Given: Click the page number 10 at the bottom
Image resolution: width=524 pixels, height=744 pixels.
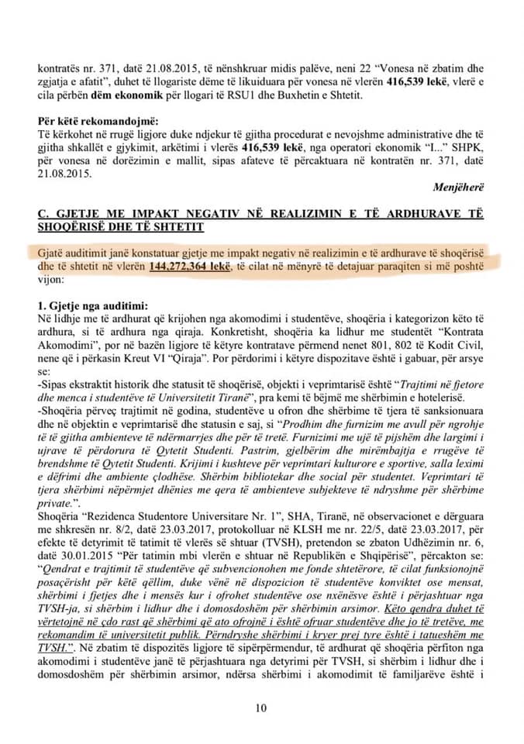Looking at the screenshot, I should point(261,706).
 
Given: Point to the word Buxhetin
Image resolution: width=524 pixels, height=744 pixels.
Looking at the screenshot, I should point(302,95).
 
